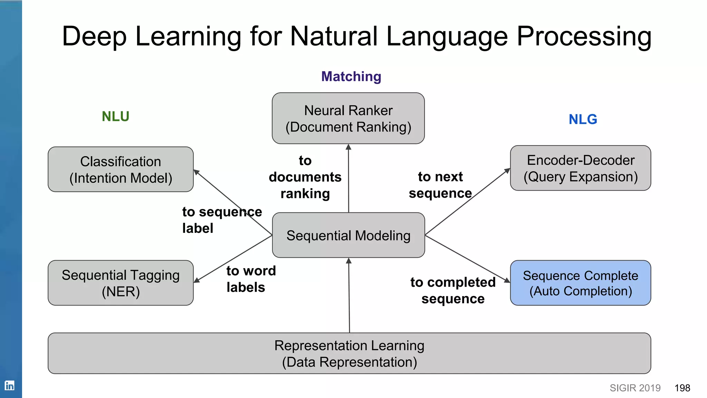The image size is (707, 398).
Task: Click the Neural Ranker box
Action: (x=348, y=118)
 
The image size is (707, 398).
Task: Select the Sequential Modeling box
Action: (x=348, y=235)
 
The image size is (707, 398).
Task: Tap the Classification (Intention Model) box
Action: (x=120, y=169)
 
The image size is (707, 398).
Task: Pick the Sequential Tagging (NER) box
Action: (x=120, y=283)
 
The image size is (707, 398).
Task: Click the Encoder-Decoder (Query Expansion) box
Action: (x=580, y=168)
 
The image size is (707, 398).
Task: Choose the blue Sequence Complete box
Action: (x=580, y=283)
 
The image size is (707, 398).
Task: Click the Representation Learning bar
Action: (x=349, y=353)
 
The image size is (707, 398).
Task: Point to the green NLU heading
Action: (x=115, y=116)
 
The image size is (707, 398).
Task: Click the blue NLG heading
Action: (x=583, y=120)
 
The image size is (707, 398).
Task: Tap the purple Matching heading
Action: (x=351, y=76)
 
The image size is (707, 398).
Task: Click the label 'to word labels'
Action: (x=251, y=279)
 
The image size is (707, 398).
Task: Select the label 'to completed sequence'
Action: (x=453, y=290)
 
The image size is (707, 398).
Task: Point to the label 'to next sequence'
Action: (x=440, y=185)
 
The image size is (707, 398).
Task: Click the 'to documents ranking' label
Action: (x=305, y=177)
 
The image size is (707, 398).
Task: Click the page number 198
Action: (x=682, y=388)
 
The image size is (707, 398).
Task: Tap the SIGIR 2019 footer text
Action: (x=635, y=388)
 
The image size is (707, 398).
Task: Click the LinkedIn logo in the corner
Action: (x=9, y=385)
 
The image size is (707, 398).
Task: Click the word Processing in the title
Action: (x=584, y=36)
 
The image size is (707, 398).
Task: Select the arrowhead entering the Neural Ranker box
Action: (x=348, y=147)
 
